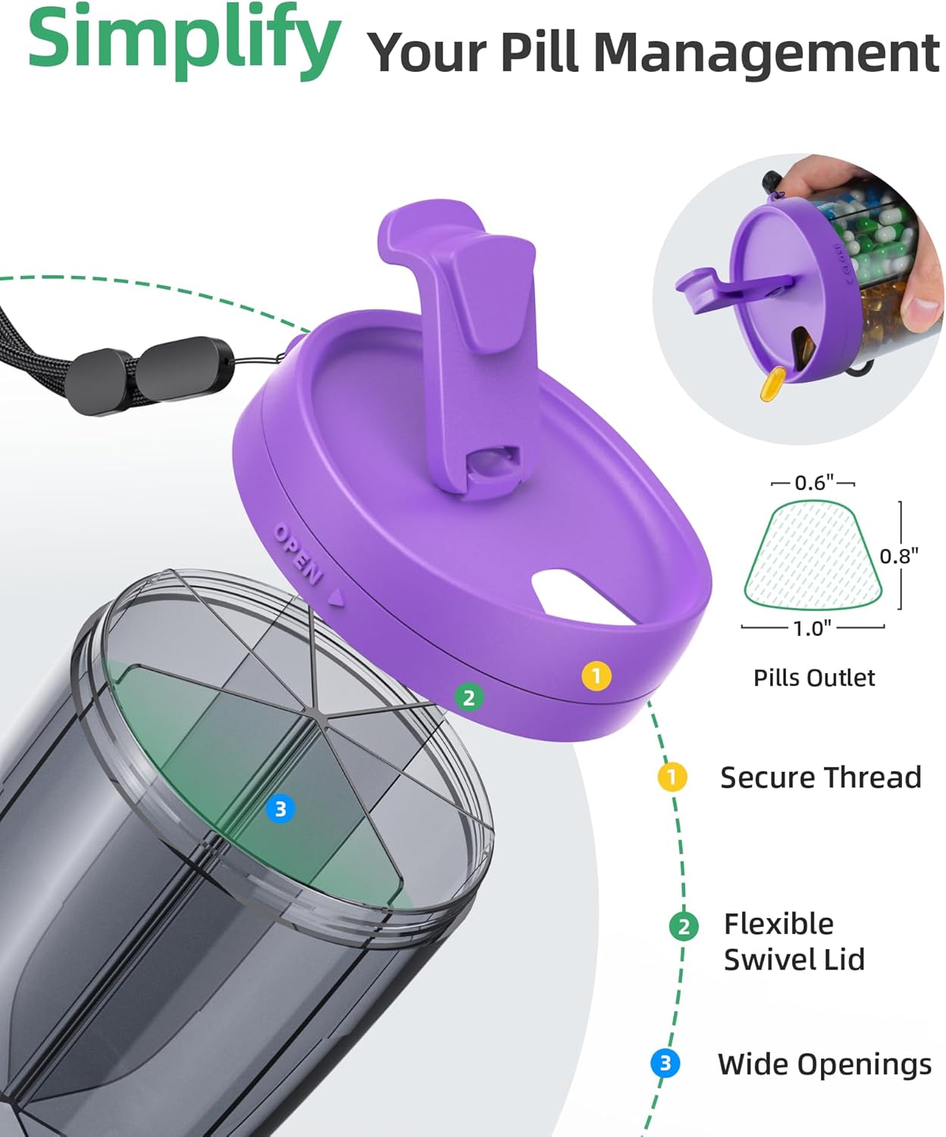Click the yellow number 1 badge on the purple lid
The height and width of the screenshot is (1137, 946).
coord(597,676)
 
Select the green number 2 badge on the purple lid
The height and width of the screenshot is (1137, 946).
coord(469,697)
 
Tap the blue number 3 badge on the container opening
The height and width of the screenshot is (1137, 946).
coord(280,809)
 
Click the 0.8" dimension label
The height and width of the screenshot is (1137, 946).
coord(899,556)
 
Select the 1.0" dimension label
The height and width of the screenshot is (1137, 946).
coord(812,628)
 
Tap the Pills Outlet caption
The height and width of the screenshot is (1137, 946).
coord(813,678)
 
